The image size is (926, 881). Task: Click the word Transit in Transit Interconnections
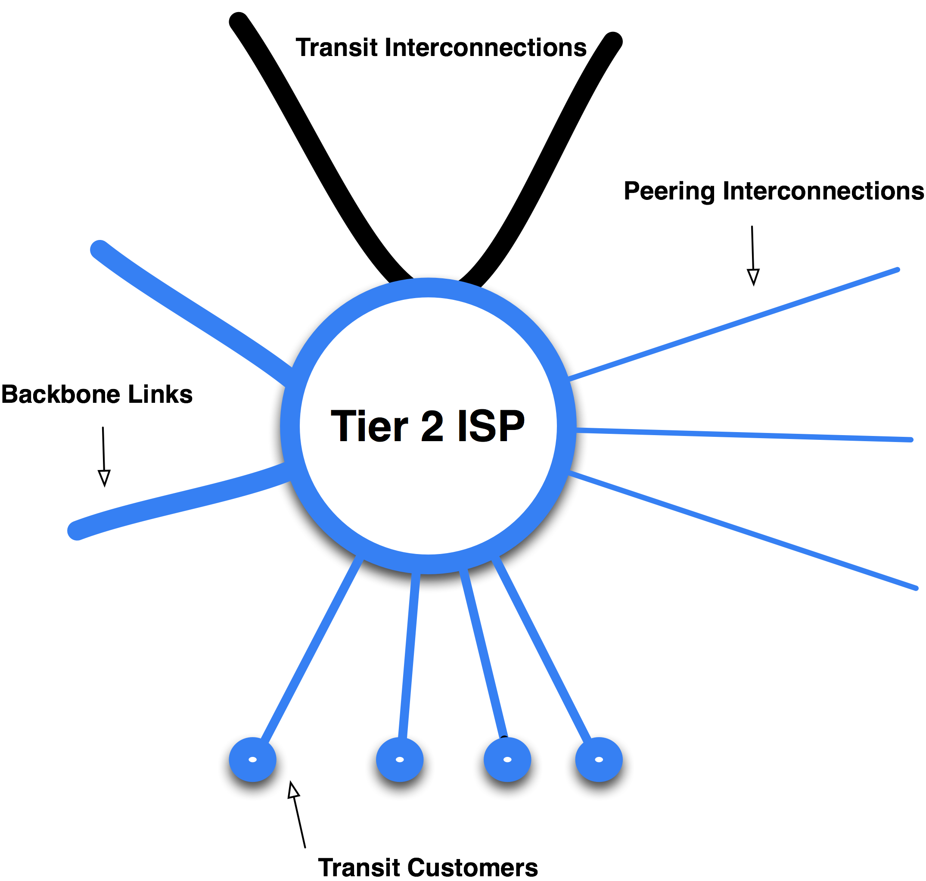pos(336,48)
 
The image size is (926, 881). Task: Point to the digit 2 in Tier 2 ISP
pos(432,426)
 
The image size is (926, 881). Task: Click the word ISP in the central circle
pos(491,426)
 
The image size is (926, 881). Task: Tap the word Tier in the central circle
pos(370,426)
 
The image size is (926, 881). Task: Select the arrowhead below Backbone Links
pos(104,478)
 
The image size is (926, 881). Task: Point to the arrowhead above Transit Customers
pos(293,790)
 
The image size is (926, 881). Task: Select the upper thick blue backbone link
pos(188,310)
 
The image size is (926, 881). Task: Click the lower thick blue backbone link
pos(178,502)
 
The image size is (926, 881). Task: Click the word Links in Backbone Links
pos(161,395)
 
